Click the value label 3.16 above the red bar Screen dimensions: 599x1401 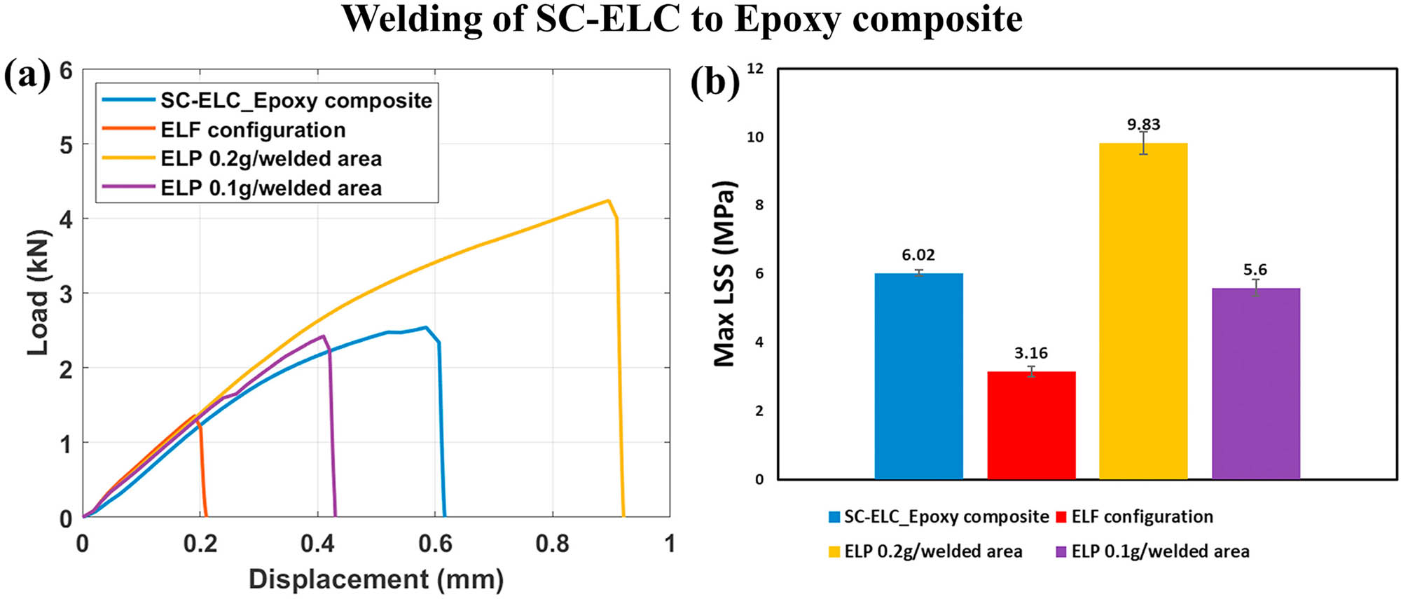[1030, 353]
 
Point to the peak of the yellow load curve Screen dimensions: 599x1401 [608, 201]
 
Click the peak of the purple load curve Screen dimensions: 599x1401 [323, 336]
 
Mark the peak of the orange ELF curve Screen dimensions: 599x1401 [195, 415]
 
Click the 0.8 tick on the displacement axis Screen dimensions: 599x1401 [552, 544]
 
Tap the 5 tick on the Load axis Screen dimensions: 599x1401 [66, 145]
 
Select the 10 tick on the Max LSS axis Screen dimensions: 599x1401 [755, 137]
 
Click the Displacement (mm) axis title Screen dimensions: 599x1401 [376, 579]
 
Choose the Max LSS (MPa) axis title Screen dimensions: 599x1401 [725, 273]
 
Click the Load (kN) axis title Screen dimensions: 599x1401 [39, 292]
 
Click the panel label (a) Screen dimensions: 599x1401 [27, 76]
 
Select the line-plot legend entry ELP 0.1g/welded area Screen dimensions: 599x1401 [271, 188]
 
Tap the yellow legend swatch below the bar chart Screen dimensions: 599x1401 [834, 552]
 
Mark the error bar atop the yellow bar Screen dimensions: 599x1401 [1143, 143]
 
